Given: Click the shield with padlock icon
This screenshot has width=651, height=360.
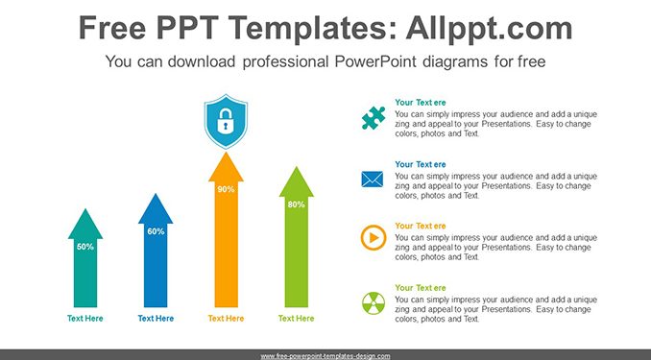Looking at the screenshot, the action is click(x=226, y=121).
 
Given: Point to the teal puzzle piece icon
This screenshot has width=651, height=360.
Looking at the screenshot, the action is click(x=374, y=118).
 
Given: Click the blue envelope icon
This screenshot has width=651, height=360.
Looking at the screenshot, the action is click(x=373, y=180).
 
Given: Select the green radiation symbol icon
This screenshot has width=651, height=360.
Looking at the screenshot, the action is click(x=374, y=303).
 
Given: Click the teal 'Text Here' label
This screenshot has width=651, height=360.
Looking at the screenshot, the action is click(x=85, y=319).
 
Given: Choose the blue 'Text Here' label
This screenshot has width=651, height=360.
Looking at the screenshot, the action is click(x=156, y=319).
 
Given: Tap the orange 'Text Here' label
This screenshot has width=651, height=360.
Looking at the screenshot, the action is click(x=226, y=319).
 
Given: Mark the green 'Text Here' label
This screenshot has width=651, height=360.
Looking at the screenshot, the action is click(x=297, y=319).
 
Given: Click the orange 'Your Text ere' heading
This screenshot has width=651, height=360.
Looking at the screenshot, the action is click(x=421, y=226).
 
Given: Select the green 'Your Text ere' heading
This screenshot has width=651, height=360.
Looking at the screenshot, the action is click(x=421, y=288).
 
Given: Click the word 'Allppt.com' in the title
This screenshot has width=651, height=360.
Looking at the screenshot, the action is click(x=489, y=28).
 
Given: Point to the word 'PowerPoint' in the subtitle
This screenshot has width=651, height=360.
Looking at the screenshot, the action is click(x=375, y=61).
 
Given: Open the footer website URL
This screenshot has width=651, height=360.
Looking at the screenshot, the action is click(x=325, y=356).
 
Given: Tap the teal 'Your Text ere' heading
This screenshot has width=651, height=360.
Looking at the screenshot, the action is click(x=421, y=103).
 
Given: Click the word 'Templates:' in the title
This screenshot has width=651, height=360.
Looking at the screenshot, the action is click(x=310, y=29).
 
